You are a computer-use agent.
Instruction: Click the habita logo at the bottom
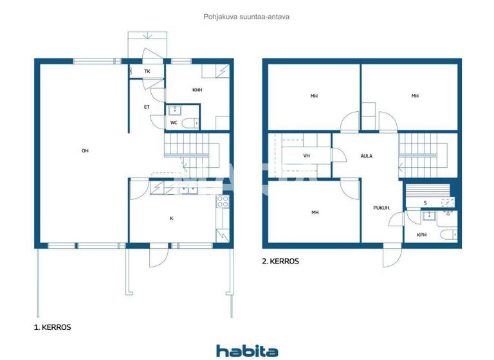247,350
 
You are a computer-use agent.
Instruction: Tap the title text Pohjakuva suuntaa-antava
246,17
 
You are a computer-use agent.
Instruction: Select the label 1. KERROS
52,327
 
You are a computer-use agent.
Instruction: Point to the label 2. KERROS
281,262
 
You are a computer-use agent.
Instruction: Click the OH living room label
85,151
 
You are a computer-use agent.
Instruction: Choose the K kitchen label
171,219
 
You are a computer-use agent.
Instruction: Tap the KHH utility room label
197,90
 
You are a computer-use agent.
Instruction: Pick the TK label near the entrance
147,71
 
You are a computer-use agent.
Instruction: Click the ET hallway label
147,107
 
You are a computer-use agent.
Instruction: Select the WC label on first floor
174,122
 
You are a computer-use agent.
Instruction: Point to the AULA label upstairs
366,156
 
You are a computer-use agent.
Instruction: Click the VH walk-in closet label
307,156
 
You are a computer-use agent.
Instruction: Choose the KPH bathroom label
421,235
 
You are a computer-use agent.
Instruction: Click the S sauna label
425,203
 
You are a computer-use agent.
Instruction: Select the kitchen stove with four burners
223,202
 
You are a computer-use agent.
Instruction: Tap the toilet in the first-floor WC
188,122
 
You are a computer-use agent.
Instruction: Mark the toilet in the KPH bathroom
449,234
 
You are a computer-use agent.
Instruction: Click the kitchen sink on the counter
188,189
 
